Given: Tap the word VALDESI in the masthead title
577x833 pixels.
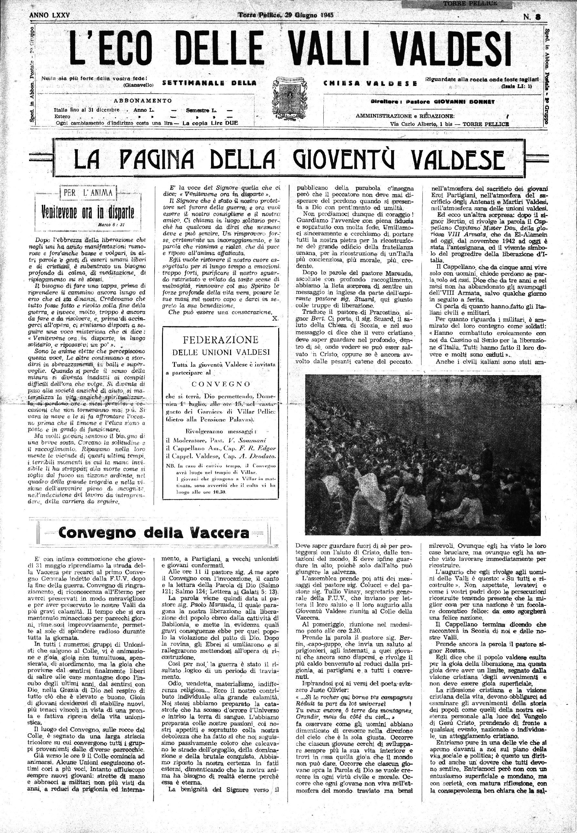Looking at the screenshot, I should [x=451, y=49].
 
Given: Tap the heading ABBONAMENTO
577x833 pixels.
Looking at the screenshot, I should [x=143, y=100].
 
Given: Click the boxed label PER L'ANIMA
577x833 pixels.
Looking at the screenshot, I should [x=88, y=192].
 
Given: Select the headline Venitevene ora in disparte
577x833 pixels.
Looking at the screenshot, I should [x=87, y=212].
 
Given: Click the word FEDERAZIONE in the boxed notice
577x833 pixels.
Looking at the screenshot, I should [x=220, y=340].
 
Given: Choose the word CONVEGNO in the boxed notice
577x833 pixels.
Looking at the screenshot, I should [x=220, y=384].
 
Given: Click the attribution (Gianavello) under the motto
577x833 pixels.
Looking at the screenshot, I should [x=138, y=85].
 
